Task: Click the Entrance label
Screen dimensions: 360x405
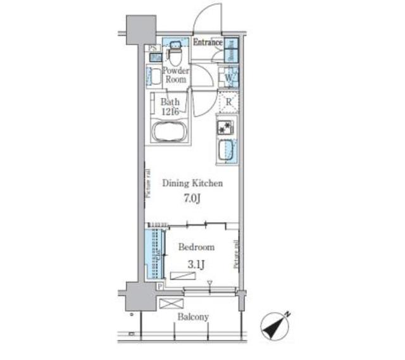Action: (x=207, y=43)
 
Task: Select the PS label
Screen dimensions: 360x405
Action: (x=153, y=47)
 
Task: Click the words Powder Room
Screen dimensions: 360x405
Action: (x=175, y=75)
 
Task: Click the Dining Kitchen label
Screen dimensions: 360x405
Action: (x=192, y=183)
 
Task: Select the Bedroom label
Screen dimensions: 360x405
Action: (x=196, y=247)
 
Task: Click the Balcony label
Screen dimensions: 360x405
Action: (x=193, y=317)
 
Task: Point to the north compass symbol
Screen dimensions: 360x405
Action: (x=275, y=325)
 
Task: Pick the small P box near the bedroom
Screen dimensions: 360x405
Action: (x=159, y=287)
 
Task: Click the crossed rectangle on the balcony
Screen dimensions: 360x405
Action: (x=171, y=304)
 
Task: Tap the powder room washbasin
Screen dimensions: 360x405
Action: (x=156, y=78)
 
